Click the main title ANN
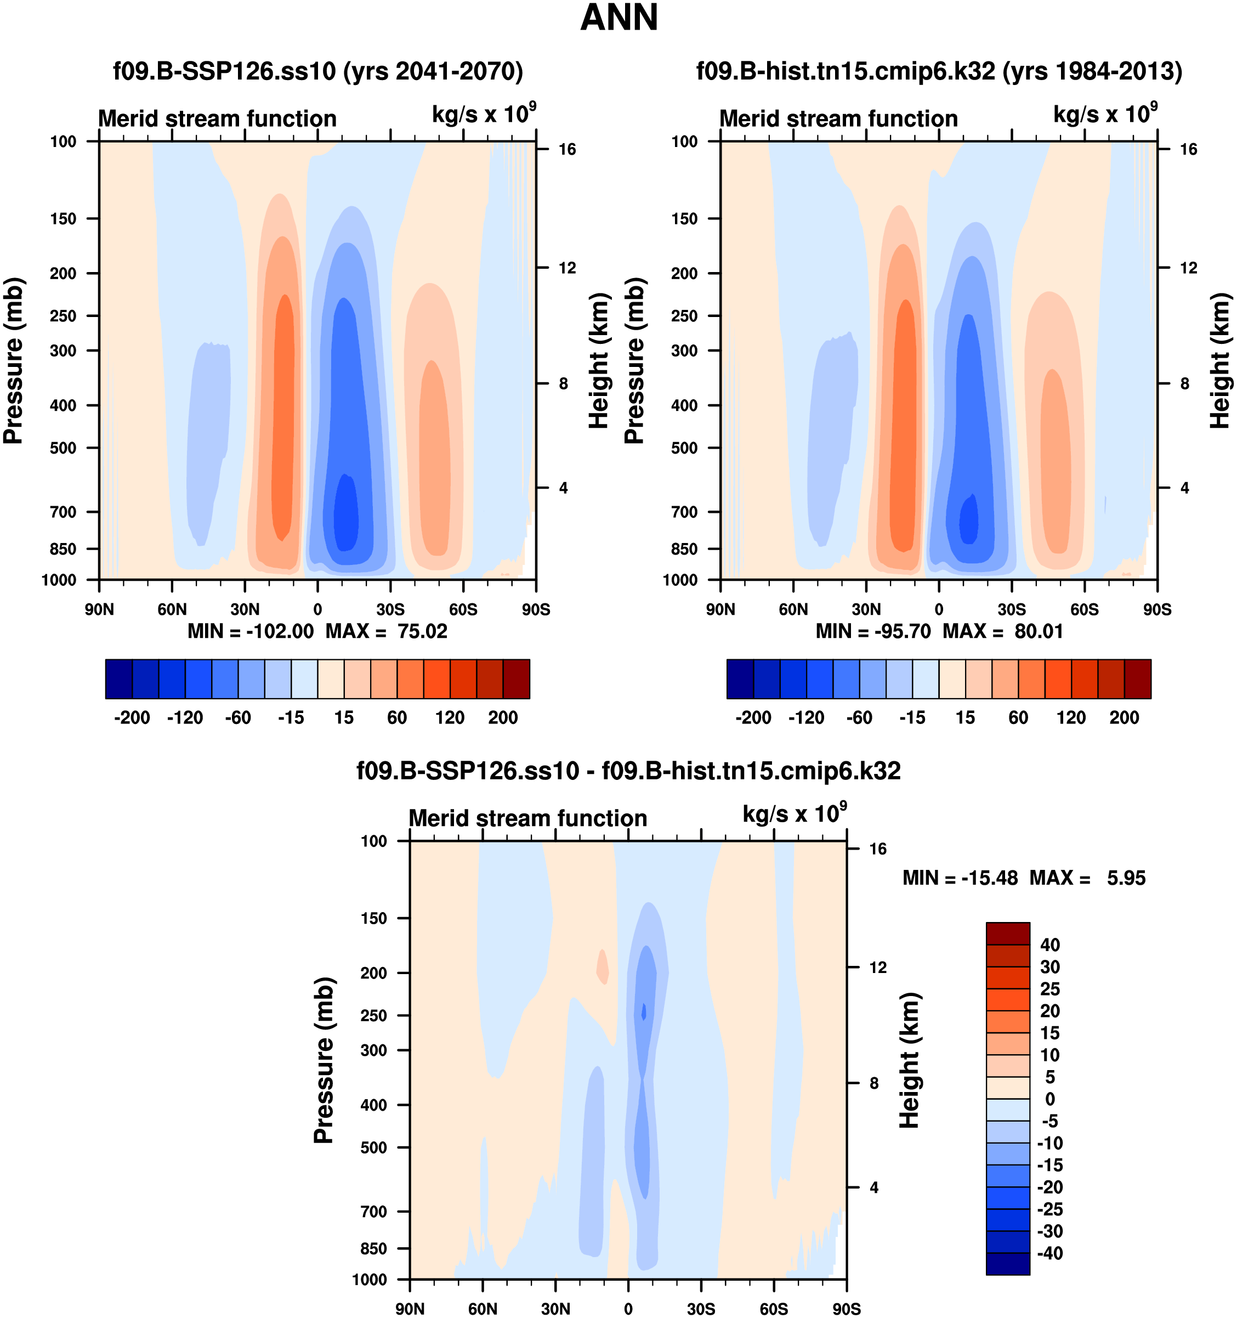point(618,18)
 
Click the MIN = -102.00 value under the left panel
point(251,631)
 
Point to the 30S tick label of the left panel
point(390,609)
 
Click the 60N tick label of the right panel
point(793,609)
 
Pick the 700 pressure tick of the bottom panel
point(373,1211)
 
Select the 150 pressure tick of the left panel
point(64,219)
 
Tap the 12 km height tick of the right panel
point(1189,268)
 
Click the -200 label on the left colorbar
point(132,717)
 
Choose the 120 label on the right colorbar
point(1071,717)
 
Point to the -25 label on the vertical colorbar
point(1050,1209)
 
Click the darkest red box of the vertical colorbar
point(1008,933)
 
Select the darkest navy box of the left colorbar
point(118,679)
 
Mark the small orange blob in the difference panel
point(603,966)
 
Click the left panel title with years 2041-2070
point(318,71)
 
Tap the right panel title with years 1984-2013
point(939,71)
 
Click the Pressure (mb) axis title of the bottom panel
point(324,1060)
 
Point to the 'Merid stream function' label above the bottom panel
point(527,818)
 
